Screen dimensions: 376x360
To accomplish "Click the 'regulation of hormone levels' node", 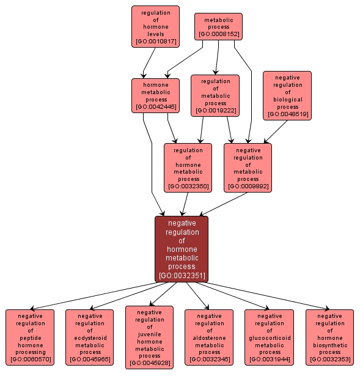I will coord(155,26).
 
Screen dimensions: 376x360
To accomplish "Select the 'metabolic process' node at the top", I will coord(218,26).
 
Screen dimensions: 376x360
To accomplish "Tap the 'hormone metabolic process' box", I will coord(155,95).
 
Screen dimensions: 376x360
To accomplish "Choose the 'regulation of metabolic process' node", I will coord(215,95).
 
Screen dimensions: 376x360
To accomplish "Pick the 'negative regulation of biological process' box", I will coord(287,95).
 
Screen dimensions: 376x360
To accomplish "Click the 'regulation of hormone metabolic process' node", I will coord(188,167).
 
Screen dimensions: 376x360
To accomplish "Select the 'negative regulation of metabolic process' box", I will coord(248,167).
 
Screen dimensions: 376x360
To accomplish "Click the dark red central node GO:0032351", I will coord(182,249).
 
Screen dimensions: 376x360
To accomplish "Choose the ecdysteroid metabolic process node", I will coord(90,336).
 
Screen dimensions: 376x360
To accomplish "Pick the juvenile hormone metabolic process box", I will coord(149,337).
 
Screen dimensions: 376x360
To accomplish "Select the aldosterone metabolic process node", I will coord(209,336).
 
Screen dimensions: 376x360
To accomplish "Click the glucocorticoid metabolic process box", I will coord(269,336).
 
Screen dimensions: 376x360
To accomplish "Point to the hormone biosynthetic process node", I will coord(329,336).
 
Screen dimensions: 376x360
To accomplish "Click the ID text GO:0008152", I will coord(218,34).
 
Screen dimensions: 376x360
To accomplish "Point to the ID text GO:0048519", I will coord(287,114).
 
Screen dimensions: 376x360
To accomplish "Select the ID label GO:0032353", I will coord(329,359).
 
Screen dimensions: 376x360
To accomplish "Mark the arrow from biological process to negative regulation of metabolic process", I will coord(276,131).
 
